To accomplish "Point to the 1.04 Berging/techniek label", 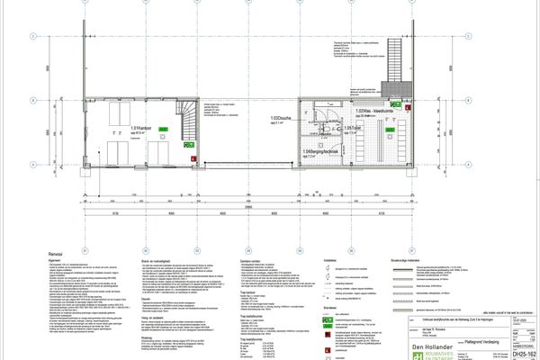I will pyautogui.click(x=315, y=152).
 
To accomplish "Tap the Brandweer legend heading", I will pyautogui.click(x=330, y=306).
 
